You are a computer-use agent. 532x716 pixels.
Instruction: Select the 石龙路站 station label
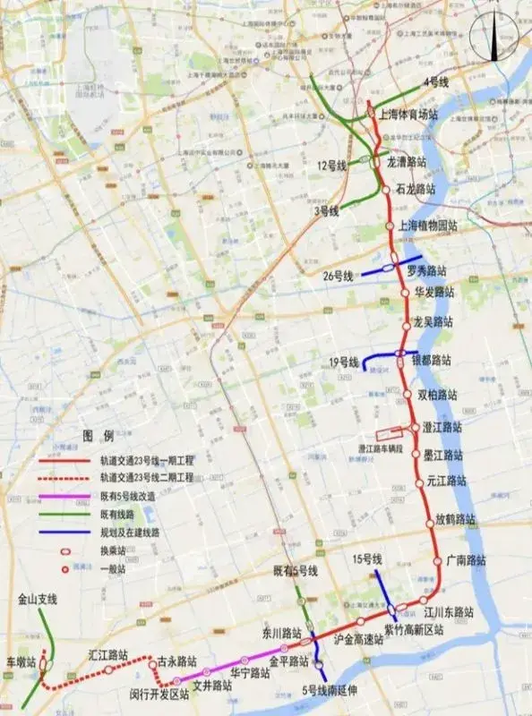coord(415,190)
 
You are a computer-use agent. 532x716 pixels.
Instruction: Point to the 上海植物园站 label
coord(426,226)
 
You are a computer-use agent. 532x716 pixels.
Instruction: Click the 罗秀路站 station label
coord(426,270)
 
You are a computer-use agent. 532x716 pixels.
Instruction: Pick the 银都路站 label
coord(431,361)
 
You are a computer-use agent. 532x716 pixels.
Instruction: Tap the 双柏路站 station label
coord(437,394)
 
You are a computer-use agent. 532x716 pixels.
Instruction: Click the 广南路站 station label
coord(466,560)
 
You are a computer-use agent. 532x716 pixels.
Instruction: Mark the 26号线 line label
coord(339,276)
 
